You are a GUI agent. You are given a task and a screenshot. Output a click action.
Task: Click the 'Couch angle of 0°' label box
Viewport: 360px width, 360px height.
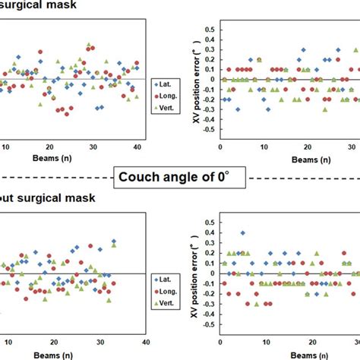(x=180, y=180)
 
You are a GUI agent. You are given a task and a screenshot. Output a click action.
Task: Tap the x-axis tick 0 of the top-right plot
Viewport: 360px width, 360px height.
(x=219, y=147)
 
